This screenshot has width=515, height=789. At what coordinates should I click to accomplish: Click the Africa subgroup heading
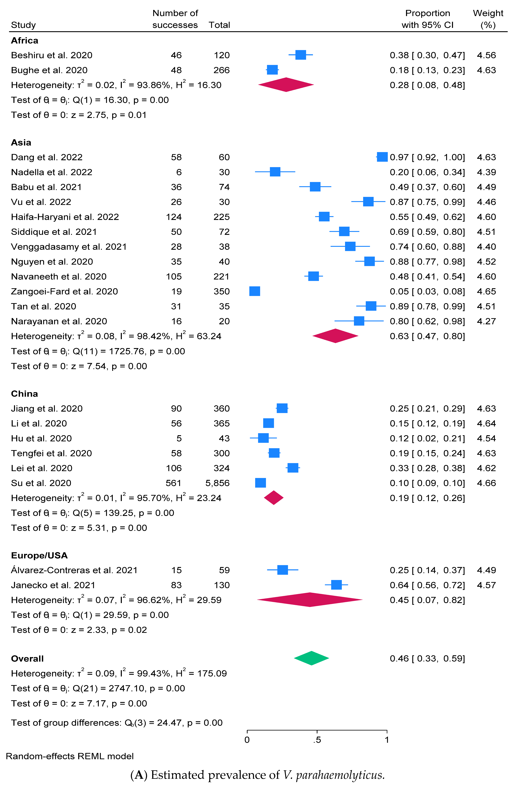click(x=25, y=40)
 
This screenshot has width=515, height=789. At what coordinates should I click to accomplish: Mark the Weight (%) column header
click(x=488, y=19)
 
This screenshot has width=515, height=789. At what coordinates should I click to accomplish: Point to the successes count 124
click(x=174, y=217)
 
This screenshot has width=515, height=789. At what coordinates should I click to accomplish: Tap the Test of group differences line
click(x=117, y=723)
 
